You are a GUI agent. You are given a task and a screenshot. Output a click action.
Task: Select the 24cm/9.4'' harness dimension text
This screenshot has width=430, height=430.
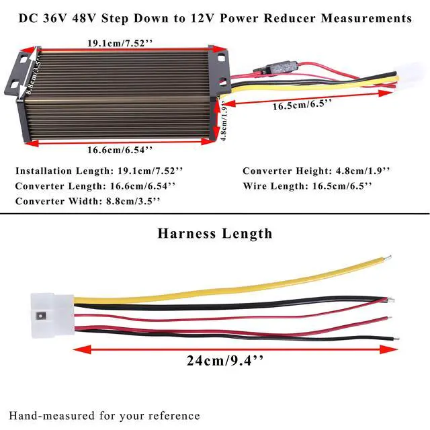tap(225, 361)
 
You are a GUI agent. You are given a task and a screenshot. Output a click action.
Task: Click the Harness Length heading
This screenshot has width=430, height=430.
tap(215, 234)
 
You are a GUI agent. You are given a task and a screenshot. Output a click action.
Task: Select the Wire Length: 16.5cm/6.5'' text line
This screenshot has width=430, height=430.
tap(307, 186)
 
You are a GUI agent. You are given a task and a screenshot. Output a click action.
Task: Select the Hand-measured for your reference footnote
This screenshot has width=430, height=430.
tap(104, 416)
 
